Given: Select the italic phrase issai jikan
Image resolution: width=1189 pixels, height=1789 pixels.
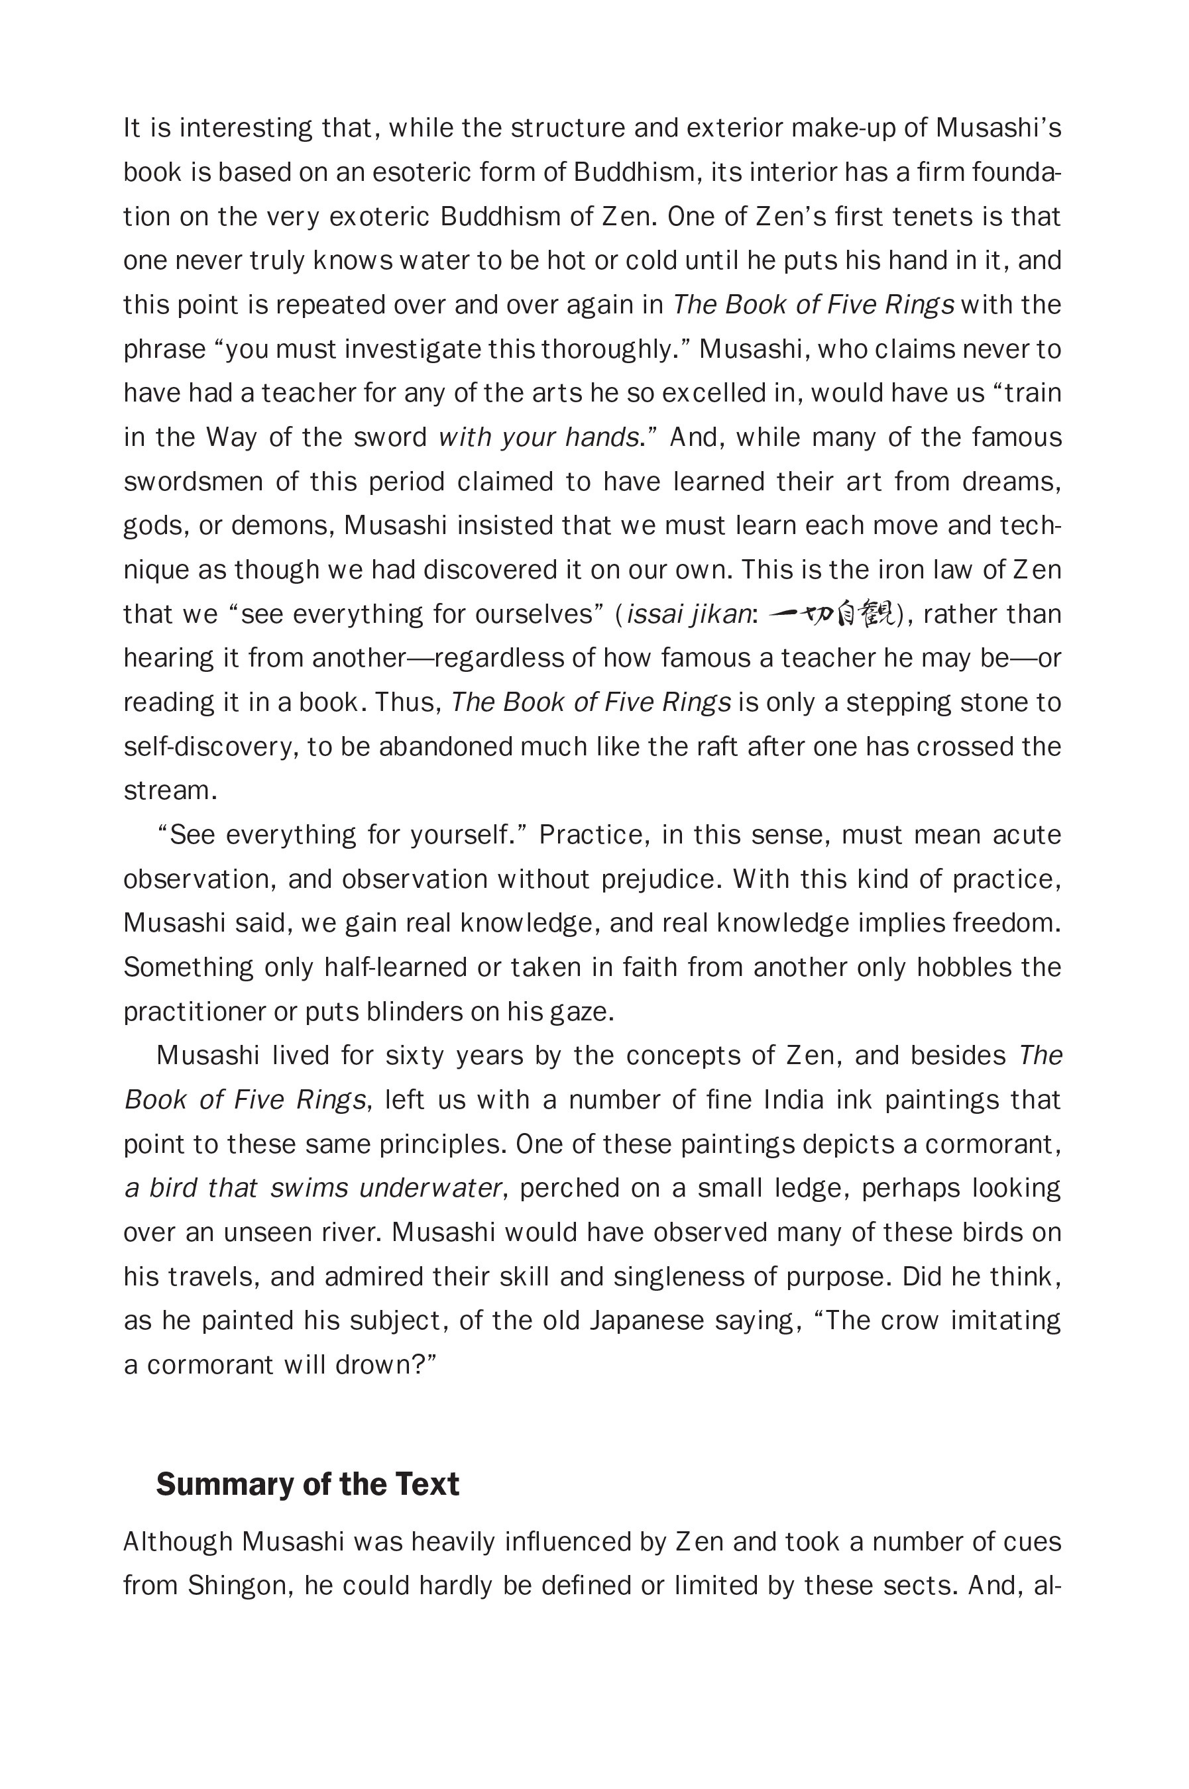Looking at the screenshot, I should tap(689, 615).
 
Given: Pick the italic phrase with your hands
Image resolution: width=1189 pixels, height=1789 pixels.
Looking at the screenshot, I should tap(538, 438).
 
